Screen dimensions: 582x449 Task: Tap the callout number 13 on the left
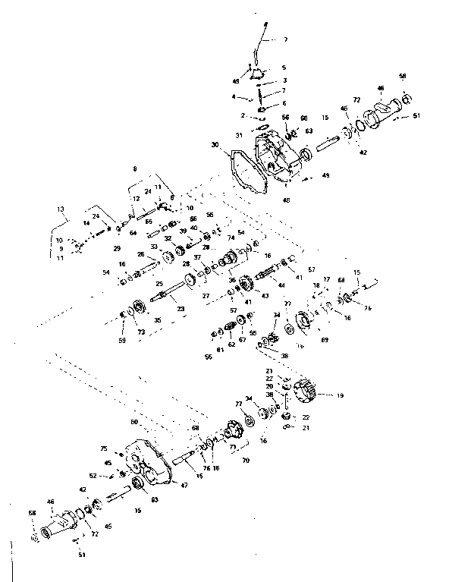click(60, 208)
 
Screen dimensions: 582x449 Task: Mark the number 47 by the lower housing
click(183, 483)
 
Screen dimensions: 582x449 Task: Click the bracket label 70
click(245, 460)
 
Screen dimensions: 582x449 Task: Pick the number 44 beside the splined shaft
click(281, 285)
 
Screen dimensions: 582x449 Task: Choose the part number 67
click(242, 341)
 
